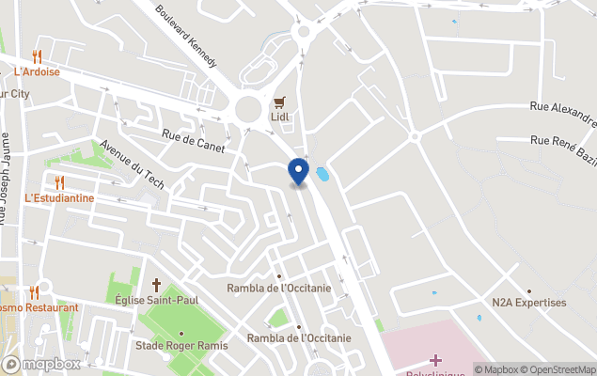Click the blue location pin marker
pyautogui.click(x=298, y=171)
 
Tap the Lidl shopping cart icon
pyautogui.click(x=278, y=102)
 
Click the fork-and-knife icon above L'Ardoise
pyautogui.click(x=37, y=56)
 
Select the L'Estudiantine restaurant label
pyautogui.click(x=59, y=198)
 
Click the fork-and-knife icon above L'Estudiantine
pyautogui.click(x=59, y=182)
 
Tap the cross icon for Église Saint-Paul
pyautogui.click(x=157, y=284)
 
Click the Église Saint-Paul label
pyautogui.click(x=157, y=300)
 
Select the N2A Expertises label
pyautogui.click(x=529, y=303)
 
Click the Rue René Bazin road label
pyautogui.click(x=562, y=142)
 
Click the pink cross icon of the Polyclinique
pyautogui.click(x=435, y=361)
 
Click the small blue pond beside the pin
pyautogui.click(x=323, y=174)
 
